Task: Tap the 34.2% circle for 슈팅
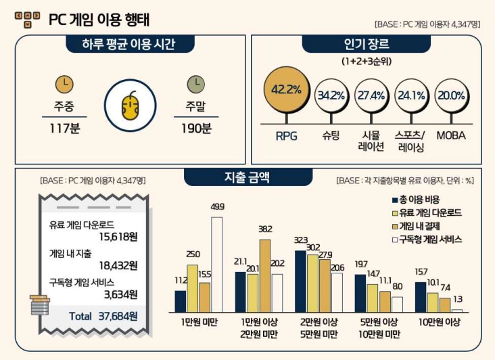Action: tap(331, 95)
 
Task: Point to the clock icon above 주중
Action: tap(64, 84)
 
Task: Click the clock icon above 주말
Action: tap(195, 84)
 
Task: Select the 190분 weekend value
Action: tap(196, 127)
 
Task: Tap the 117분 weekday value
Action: tap(65, 127)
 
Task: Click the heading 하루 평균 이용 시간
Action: tap(130, 45)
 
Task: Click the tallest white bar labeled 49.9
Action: tap(217, 264)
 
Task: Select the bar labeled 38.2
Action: tap(264, 275)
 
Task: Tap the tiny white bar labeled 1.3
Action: tap(457, 310)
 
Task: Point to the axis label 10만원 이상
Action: tap(440, 323)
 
